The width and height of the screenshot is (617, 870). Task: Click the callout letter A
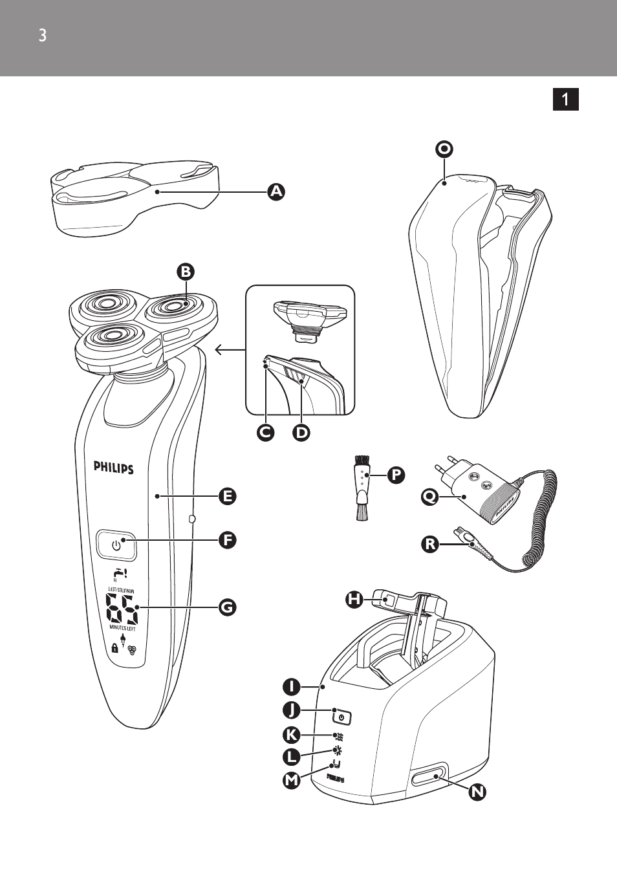click(276, 191)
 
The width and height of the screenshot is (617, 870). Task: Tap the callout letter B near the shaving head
click(186, 272)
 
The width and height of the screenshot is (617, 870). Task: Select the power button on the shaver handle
click(116, 545)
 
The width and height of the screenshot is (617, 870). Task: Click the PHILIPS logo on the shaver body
click(113, 467)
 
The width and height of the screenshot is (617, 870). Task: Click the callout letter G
click(227, 607)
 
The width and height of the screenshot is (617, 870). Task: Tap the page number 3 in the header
click(43, 36)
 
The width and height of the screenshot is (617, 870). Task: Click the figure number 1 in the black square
click(565, 99)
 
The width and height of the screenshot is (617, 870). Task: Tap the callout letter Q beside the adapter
click(429, 497)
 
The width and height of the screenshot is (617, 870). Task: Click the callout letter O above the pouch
click(444, 149)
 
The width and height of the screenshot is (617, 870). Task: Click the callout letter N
click(477, 792)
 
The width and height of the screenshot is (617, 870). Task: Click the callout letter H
click(354, 599)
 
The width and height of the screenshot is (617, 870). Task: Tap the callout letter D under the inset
click(301, 432)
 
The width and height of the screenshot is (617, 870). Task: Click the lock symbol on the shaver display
click(114, 647)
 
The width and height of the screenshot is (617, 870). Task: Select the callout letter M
click(292, 780)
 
